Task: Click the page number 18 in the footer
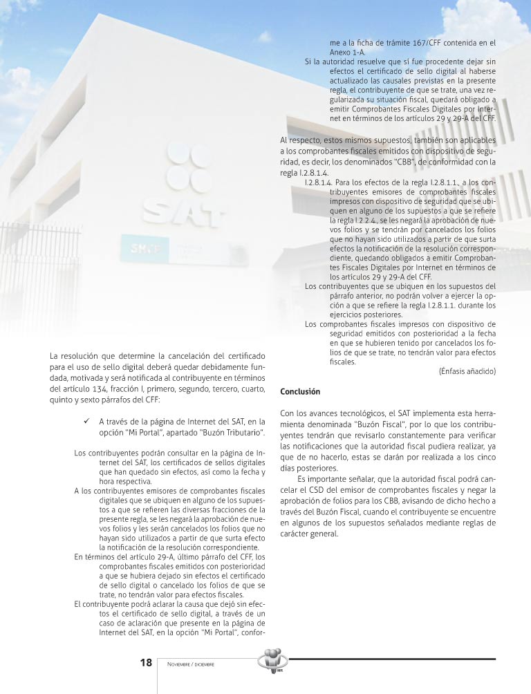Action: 146,663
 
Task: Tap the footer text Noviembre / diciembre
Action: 190,664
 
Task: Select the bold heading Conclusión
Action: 300,392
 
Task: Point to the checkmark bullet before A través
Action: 86,421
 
